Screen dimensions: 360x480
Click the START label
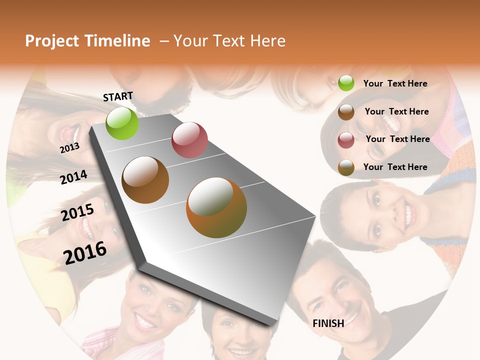pos(118,96)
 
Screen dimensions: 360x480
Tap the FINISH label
pos(328,323)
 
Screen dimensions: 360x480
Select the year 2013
pos(69,147)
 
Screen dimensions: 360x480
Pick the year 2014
pos(73,177)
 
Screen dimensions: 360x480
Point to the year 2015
pos(77,212)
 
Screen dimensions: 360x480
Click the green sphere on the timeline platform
pos(122,123)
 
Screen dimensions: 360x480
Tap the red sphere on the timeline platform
pos(189,139)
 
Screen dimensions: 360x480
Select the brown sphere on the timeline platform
pos(145,180)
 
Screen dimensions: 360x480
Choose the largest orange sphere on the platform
pos(216,207)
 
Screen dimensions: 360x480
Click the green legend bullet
pos(346,83)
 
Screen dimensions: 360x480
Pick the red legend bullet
pos(346,140)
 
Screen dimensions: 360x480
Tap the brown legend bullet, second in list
pos(346,112)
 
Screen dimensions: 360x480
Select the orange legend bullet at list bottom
pos(346,168)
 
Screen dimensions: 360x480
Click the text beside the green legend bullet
pos(395,83)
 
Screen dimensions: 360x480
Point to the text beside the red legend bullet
pos(397,139)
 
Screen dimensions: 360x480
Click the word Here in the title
pos(267,41)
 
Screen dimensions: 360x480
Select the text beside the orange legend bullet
pos(395,167)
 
